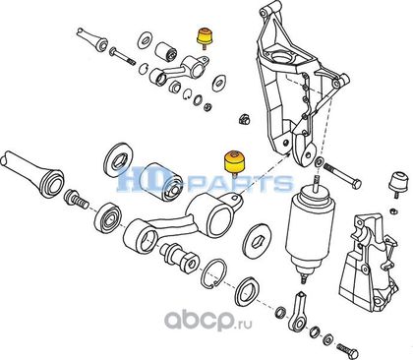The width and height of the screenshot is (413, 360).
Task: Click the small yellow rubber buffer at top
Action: [204, 37]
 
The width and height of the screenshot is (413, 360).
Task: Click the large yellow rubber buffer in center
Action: [234, 162]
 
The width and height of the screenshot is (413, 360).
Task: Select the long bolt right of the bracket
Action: [342, 175]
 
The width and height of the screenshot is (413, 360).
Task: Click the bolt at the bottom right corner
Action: [348, 352]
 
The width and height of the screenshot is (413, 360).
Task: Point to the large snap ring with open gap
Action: [213, 273]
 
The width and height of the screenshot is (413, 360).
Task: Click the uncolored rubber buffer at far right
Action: [398, 183]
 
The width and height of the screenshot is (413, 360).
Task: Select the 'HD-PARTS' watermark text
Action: [205, 179]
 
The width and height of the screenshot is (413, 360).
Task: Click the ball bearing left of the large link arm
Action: [108, 218]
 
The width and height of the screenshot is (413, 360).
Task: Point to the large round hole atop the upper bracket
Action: [280, 57]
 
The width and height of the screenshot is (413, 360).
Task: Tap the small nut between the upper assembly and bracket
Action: [244, 119]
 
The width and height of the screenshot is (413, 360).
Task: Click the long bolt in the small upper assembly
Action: [121, 56]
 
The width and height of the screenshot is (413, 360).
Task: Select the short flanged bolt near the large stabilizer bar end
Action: [76, 199]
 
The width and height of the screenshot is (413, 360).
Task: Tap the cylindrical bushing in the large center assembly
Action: [162, 181]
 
